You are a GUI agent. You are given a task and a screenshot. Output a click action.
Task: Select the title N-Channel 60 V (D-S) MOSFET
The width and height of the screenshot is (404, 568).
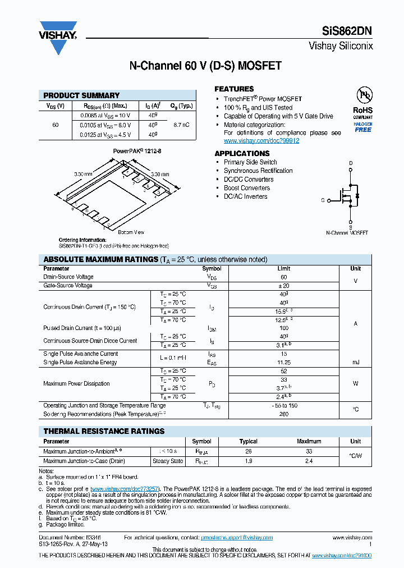pos(205,66)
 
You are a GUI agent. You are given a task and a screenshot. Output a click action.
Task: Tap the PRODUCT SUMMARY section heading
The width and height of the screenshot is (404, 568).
pos(81,95)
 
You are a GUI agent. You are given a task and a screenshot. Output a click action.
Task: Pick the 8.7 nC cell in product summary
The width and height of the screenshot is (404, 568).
pos(181,125)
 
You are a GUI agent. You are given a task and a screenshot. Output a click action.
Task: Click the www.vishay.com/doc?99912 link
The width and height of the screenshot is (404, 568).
pos(261,141)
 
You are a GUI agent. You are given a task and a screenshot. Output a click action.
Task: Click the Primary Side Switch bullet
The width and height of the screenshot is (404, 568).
pos(250,162)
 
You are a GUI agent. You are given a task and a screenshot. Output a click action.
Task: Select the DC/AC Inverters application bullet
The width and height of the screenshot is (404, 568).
pos(245,196)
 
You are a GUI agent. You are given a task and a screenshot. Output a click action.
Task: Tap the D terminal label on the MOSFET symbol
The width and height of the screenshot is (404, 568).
pos(351,163)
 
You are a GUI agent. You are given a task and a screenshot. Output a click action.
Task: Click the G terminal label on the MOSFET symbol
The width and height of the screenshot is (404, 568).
pos(323,200)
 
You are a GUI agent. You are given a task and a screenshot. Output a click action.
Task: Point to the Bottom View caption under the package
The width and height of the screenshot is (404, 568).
pos(131,232)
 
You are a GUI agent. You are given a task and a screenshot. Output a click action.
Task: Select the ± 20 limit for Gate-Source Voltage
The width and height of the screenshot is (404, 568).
pos(283,286)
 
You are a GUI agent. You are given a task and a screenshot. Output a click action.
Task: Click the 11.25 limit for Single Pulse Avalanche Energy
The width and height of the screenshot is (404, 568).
pos(283,363)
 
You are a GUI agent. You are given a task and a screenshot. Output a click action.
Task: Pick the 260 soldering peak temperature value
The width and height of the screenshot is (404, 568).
pos(283,414)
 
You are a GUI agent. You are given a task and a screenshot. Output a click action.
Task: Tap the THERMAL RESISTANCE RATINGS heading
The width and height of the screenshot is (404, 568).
pos(104,431)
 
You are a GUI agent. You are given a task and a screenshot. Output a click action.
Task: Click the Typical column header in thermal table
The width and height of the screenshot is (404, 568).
pos(249,442)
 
